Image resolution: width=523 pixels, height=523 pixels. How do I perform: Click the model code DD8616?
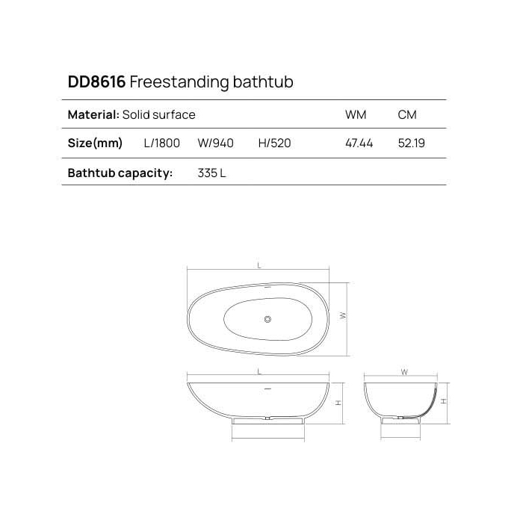pos(96,82)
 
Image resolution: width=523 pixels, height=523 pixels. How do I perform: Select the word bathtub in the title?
pos(260,82)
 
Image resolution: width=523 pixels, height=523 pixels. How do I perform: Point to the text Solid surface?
pos(159,115)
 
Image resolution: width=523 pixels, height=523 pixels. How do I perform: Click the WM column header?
pos(355,115)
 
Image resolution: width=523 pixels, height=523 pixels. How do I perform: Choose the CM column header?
pos(407,115)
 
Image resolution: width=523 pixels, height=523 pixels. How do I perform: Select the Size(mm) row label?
pos(95,143)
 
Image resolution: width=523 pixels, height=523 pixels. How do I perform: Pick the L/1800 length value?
pos(162,143)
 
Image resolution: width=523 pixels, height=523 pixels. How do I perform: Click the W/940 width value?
pos(216,143)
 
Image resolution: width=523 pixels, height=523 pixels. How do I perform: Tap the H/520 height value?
pos(274,143)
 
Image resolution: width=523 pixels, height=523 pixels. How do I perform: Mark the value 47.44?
pos(359,143)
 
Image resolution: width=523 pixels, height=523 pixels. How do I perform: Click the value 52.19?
pos(412,143)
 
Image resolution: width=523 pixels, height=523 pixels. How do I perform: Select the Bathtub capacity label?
pos(120,173)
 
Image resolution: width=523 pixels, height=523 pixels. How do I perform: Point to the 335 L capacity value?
pos(211,173)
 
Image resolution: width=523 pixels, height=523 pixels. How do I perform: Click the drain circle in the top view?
pos(267,321)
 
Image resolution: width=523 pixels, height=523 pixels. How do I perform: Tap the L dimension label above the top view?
pos(259,265)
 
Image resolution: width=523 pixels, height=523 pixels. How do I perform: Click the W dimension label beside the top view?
pos(344,315)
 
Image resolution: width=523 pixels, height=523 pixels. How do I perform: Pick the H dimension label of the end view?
pos(444,401)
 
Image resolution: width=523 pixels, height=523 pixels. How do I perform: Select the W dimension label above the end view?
pos(403,371)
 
